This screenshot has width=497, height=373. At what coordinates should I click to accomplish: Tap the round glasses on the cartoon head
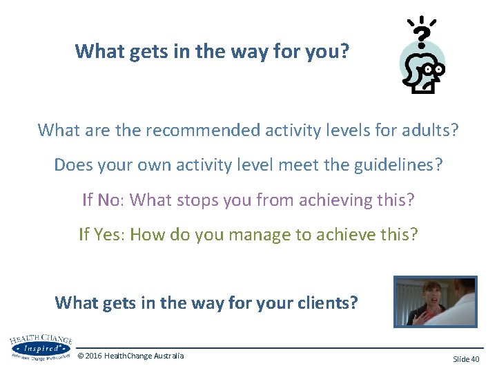click(x=436, y=68)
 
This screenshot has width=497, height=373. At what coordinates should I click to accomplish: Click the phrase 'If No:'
click(x=103, y=200)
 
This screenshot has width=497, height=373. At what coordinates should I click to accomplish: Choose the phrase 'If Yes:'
click(x=101, y=234)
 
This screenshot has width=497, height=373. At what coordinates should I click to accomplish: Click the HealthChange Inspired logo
click(x=41, y=347)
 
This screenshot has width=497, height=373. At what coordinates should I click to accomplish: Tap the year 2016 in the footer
click(x=95, y=356)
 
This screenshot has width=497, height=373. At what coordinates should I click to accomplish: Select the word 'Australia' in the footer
click(x=166, y=356)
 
